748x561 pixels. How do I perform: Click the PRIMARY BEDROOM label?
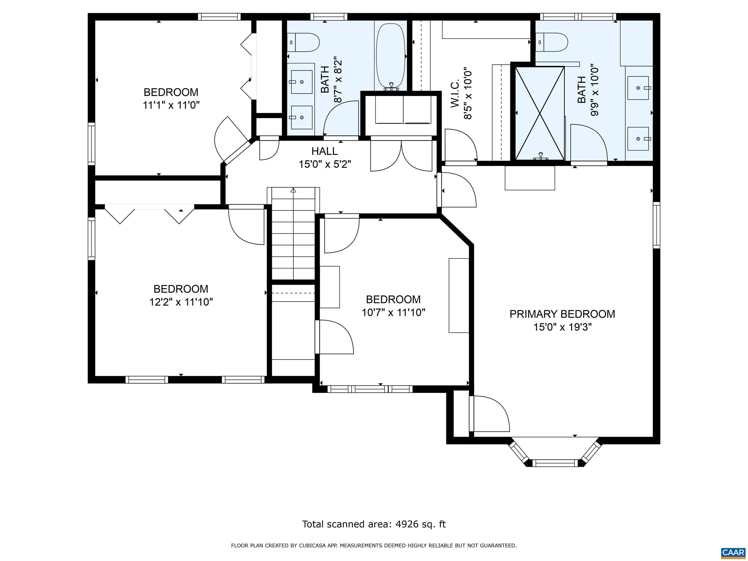tap(562, 314)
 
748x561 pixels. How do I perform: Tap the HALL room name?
tap(324, 151)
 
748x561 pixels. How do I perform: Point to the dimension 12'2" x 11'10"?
tap(181, 302)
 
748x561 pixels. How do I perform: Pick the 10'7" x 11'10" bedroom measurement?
tap(393, 312)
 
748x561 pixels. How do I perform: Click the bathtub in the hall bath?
tap(391, 56)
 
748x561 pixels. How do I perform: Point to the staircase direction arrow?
tap(293, 190)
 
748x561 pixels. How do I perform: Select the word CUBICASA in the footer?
tap(311, 545)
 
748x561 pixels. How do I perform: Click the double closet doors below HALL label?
tap(401, 156)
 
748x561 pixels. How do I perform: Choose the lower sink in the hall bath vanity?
tap(301, 117)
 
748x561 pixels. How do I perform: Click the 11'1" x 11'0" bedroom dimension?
tap(171, 105)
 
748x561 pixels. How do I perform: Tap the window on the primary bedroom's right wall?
tap(656, 225)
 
